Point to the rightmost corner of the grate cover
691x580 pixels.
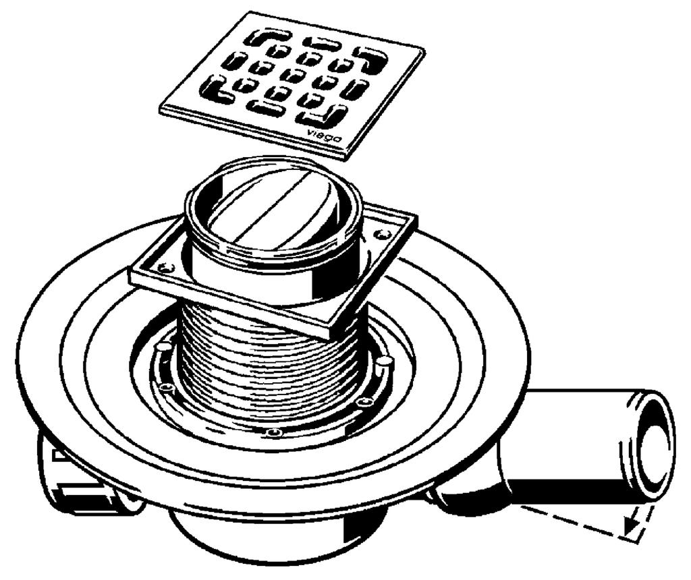coord(424,50)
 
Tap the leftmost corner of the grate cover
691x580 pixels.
coord(159,107)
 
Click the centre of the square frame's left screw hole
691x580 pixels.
coord(167,266)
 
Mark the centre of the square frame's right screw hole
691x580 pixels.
coord(381,234)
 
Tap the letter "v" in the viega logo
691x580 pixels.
coord(310,130)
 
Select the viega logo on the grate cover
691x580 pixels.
coord(325,135)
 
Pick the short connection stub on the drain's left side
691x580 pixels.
coord(84,475)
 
